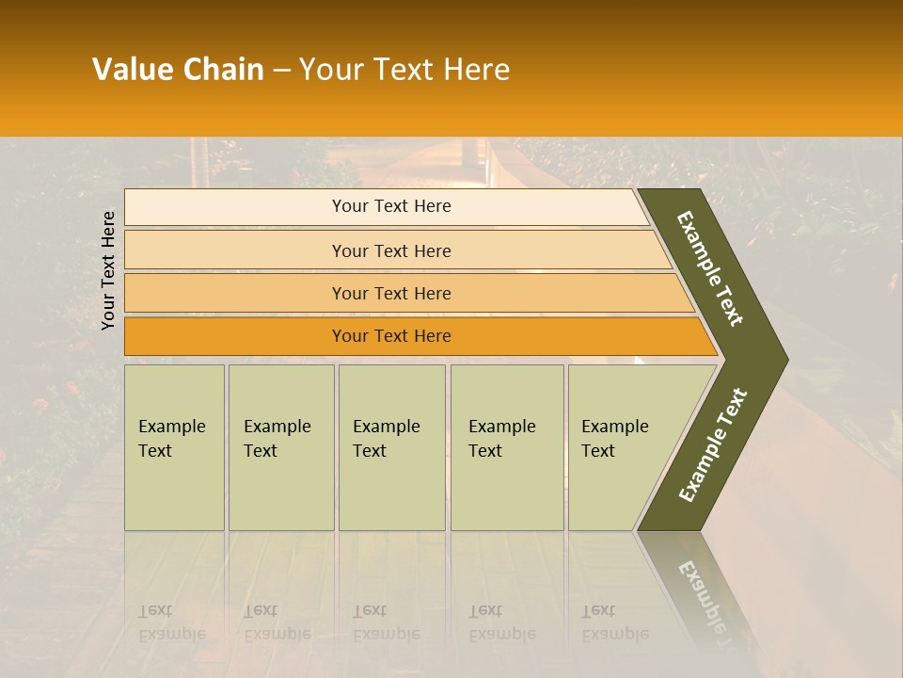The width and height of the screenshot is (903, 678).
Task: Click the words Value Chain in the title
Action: [x=178, y=70]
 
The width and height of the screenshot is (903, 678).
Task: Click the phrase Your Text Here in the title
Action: [x=404, y=70]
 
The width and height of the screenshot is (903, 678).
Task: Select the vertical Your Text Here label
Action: [x=108, y=270]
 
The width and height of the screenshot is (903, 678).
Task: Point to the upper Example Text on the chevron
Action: [x=710, y=268]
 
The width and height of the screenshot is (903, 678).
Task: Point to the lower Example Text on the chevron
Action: [x=712, y=444]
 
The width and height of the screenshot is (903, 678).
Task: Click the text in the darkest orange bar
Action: [x=391, y=336]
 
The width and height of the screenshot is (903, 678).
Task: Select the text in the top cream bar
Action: [x=391, y=206]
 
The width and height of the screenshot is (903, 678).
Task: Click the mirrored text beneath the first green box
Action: [x=171, y=622]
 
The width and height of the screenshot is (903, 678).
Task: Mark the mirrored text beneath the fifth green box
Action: [x=614, y=622]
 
